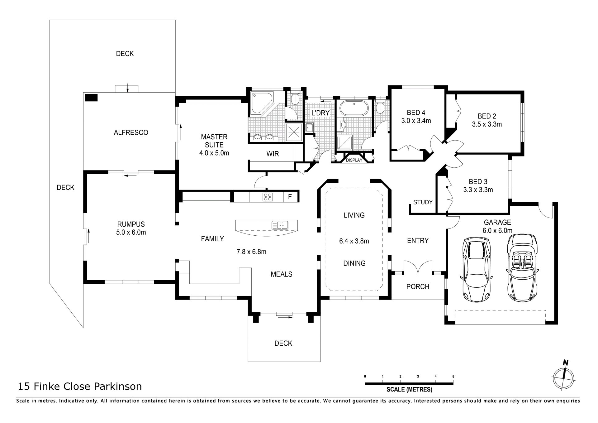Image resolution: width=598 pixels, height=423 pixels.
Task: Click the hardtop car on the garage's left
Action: point(476,270)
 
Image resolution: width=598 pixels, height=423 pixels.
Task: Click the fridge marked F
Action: point(290,197)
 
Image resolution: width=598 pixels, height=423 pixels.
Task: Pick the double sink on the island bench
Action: point(280,225)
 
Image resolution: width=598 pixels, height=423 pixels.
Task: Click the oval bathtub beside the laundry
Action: point(354,108)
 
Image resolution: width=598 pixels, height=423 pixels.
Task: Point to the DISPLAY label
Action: point(354,160)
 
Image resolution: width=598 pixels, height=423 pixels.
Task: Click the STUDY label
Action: point(423,202)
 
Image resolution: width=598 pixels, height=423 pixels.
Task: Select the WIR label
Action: point(273,154)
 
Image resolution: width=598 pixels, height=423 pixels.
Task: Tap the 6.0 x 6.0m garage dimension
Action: point(497,231)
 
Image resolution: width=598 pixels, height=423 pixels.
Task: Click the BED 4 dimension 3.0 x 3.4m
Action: point(416,121)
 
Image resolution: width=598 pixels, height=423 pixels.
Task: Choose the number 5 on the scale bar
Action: point(453,377)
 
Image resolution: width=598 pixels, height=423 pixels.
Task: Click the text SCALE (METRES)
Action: point(409,389)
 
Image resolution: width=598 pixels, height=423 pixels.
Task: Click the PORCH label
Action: point(418,286)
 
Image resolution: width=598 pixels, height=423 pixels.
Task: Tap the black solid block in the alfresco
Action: point(92,98)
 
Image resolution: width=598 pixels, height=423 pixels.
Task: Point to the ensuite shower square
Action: point(294,132)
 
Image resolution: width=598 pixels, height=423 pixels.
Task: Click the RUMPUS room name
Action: point(131,224)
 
